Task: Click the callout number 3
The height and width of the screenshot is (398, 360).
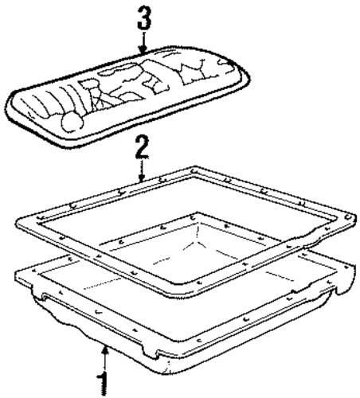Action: point(143,18)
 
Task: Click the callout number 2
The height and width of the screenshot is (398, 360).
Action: point(142,146)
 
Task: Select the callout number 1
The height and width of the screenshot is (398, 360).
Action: point(104,384)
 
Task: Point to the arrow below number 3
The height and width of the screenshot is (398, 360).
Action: point(143,43)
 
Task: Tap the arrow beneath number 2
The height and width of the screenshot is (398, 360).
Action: point(142,170)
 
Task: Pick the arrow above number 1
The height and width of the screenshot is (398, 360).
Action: point(105,358)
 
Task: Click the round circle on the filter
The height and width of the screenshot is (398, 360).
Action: point(72,122)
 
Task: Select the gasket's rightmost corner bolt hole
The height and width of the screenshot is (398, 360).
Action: point(348,217)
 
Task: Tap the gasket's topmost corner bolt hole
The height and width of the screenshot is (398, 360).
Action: point(194,170)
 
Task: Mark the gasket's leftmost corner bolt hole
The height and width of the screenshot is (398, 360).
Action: point(41,217)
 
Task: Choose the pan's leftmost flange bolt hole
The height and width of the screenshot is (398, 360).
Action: point(33,271)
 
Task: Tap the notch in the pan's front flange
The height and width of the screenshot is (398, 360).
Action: point(151,353)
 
